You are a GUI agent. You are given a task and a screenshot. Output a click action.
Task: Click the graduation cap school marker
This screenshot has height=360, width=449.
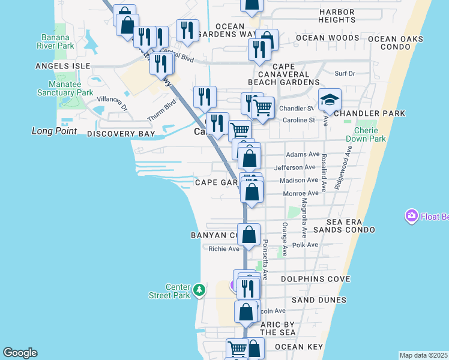click(329, 100)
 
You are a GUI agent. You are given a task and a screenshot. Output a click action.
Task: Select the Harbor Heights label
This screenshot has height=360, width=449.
click(346, 16)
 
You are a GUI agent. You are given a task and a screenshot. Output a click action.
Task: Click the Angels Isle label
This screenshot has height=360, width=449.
click(62, 65)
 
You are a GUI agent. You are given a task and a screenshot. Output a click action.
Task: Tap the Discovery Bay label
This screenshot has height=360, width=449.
click(116, 134)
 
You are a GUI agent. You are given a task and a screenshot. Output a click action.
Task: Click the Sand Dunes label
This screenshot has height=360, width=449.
click(319, 300)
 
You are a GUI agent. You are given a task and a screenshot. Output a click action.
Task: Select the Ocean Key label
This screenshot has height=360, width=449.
click(299, 347)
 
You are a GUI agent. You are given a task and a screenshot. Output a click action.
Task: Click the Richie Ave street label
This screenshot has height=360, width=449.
click(224, 248)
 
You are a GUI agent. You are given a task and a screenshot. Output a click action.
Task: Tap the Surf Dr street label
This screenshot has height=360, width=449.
click(345, 74)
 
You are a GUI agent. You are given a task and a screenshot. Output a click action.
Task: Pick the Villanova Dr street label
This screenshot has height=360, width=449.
click(112, 104)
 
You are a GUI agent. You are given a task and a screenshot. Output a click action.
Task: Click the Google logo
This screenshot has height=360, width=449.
click(20, 353)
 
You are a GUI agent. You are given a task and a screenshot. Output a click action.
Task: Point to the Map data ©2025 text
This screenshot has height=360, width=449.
click(423, 355)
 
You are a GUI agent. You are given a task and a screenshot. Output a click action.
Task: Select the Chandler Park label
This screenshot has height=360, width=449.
click(370, 113)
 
